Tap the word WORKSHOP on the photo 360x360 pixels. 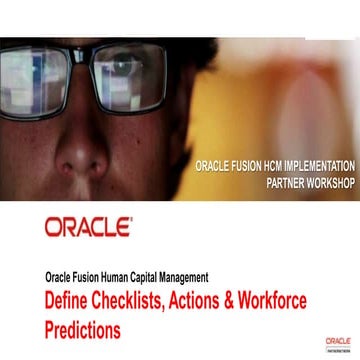326,185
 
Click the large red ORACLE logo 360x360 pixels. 88,227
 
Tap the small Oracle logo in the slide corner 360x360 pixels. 336,343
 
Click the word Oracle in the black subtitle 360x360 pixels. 59,276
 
